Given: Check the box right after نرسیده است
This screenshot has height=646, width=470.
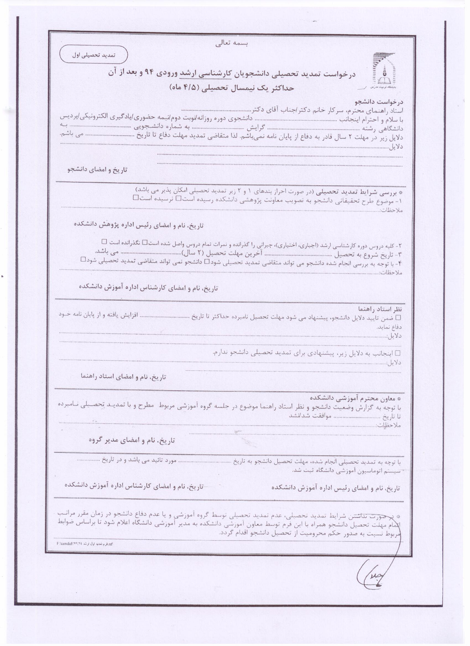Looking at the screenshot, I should [135, 198].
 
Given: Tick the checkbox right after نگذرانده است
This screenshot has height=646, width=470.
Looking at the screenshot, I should [104, 241].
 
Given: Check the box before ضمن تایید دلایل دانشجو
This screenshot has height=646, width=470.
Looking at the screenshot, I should [399, 318].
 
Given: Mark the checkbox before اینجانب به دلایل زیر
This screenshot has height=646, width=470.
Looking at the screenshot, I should [399, 352].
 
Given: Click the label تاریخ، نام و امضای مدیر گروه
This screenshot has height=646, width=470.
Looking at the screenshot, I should [132, 440].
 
